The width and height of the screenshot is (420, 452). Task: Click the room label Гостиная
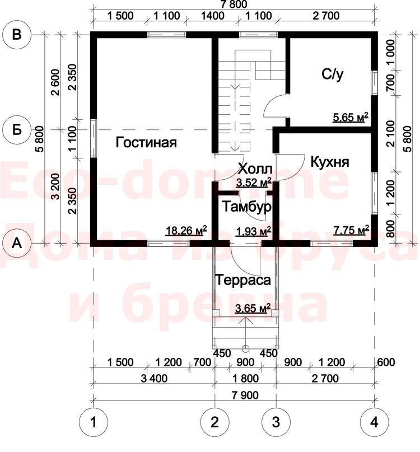pos(146,142)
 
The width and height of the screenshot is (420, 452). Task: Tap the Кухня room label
pos(330,162)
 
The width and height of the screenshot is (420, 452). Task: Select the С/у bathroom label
pos(333,74)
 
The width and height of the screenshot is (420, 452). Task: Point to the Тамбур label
pos(246,207)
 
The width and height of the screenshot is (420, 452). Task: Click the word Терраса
pos(243,280)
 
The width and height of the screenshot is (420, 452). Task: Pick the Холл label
pos(255,169)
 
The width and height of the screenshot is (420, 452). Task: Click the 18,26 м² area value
pos(186,230)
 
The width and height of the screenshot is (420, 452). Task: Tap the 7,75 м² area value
pos(351,230)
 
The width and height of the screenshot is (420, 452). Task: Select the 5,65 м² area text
pos(351,117)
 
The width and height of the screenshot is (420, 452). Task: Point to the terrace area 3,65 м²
pos(253,308)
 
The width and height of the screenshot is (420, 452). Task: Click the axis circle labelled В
pos(17,35)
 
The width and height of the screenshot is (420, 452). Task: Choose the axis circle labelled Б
pos(17,130)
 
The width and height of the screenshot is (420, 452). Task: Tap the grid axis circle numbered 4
pos(374,422)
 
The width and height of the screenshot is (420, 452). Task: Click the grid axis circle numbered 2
pos(214,422)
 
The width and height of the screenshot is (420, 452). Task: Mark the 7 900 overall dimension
pos(245,395)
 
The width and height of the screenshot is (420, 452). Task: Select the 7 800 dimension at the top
pos(234,4)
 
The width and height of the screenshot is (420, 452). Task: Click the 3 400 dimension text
pos(154,378)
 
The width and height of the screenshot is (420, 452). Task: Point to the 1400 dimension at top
pos(213,16)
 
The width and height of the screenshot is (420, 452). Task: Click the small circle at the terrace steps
pos(246,349)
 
